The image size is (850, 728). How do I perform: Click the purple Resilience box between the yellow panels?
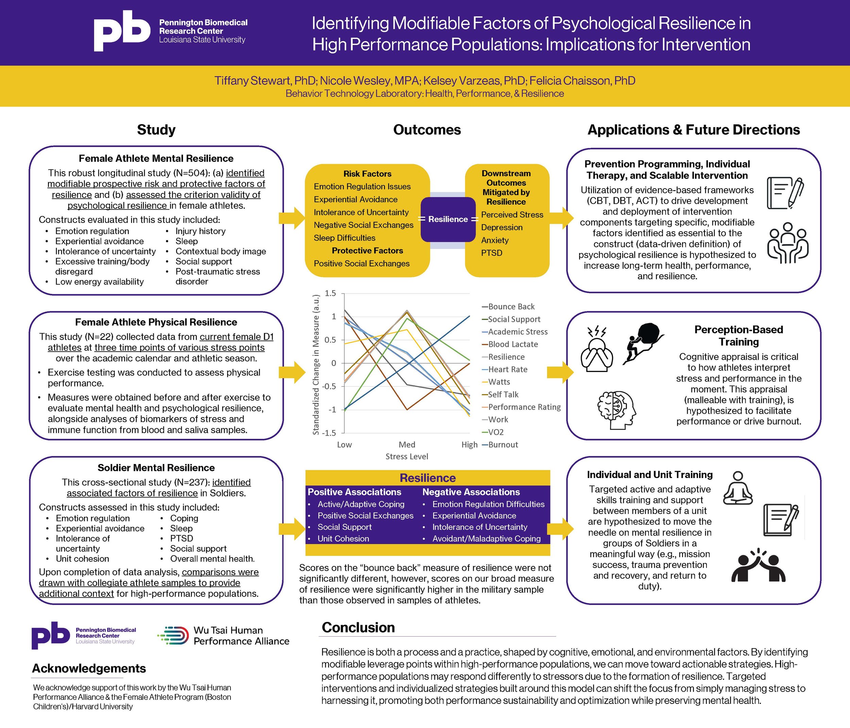(x=448, y=219)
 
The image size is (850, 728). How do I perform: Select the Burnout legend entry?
(x=503, y=445)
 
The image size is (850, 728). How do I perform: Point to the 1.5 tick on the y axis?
(x=330, y=293)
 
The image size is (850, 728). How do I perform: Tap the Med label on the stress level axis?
(x=407, y=445)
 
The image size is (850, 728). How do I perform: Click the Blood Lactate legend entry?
(x=513, y=344)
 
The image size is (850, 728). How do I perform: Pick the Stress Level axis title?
(x=407, y=457)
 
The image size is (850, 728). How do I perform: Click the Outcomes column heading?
(x=427, y=130)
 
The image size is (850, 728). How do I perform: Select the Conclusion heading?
(x=358, y=627)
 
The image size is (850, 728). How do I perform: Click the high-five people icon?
(x=758, y=566)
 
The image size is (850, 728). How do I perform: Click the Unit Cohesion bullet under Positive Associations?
(x=343, y=539)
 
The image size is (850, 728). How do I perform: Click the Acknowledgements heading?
(x=89, y=668)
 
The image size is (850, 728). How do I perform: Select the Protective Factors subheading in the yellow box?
(x=367, y=250)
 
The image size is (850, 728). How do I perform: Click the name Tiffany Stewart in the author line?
(x=253, y=81)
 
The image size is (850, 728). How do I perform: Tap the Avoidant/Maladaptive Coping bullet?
(x=486, y=539)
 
